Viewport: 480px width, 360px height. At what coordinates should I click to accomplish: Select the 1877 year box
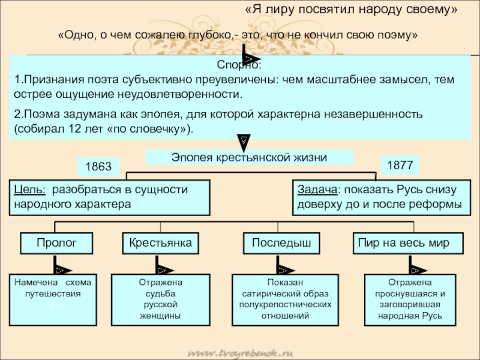(399, 166)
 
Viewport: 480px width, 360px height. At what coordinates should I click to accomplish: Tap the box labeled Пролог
(57, 242)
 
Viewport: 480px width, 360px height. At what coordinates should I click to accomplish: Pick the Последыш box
(281, 242)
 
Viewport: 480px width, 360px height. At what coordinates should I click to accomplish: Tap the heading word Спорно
(239, 65)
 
